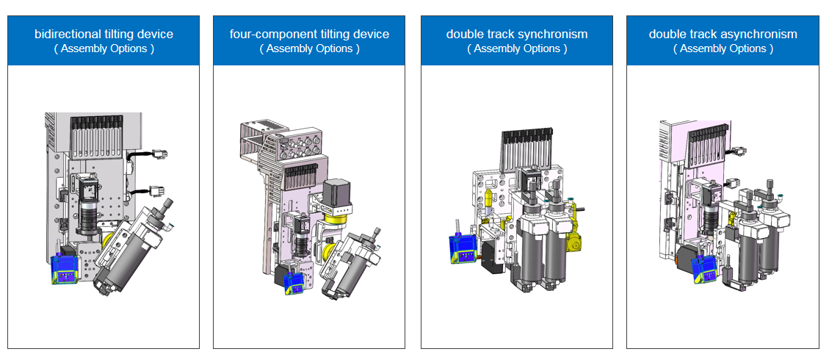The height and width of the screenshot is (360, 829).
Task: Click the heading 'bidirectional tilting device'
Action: point(104,34)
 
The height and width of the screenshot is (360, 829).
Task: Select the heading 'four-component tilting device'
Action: point(309,34)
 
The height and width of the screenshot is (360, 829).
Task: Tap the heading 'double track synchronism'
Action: point(517,34)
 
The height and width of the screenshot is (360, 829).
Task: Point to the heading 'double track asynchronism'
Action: point(723,34)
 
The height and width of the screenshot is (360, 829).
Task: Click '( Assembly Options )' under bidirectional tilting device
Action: point(104,49)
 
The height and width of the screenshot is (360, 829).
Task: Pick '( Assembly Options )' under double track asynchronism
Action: point(723,49)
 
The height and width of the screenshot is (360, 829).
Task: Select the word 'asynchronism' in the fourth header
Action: point(759,34)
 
